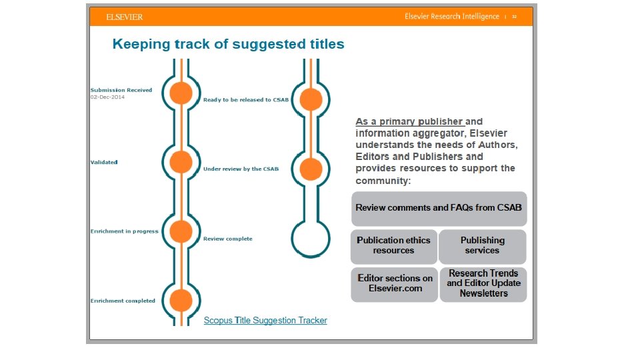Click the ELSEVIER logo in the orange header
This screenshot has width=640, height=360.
(x=125, y=17)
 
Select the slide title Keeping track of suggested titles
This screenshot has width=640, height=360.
(x=228, y=45)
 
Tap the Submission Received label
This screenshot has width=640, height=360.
(x=121, y=90)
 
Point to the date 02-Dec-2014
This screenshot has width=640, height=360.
(x=107, y=97)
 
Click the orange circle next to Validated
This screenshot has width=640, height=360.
(x=181, y=162)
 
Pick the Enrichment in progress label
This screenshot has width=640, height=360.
(x=124, y=231)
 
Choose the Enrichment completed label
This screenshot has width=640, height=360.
(x=123, y=301)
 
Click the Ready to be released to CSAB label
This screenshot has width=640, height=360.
(x=246, y=100)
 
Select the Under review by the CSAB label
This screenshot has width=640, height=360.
(x=241, y=169)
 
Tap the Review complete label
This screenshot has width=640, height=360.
(x=227, y=239)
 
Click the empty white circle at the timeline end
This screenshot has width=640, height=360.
(x=311, y=238)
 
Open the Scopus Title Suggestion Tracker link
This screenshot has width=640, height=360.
(x=265, y=321)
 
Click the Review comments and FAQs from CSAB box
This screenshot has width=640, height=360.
(x=439, y=208)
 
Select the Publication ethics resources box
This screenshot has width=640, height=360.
(x=393, y=245)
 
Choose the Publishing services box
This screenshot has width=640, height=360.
(x=482, y=245)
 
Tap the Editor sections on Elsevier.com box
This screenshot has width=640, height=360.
(x=395, y=283)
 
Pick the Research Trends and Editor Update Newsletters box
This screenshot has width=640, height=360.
(x=483, y=283)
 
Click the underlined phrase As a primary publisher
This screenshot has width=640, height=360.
(x=409, y=122)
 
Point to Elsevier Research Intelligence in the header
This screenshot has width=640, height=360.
(x=451, y=17)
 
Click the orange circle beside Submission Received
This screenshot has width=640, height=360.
(x=181, y=93)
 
